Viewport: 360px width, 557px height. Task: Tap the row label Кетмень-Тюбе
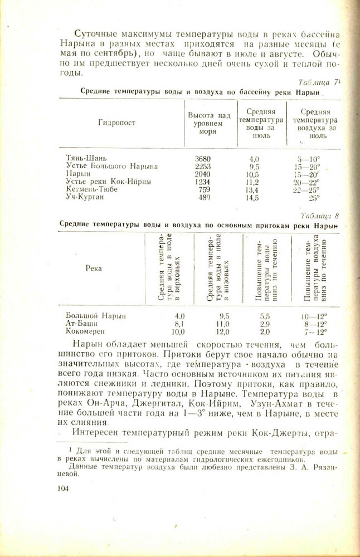tap(92, 189)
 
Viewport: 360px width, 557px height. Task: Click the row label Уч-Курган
tap(85, 197)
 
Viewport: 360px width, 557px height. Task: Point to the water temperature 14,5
tap(254, 197)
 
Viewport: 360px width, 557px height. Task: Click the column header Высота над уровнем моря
tap(209, 123)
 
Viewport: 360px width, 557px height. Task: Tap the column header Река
tap(94, 268)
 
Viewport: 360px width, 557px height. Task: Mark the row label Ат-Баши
tap(82, 323)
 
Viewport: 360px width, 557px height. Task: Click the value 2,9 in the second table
tap(265, 323)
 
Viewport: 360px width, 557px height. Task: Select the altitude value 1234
tap(203, 182)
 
